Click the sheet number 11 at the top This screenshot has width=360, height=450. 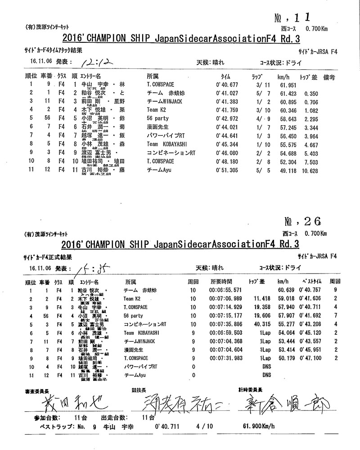click(301, 18)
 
